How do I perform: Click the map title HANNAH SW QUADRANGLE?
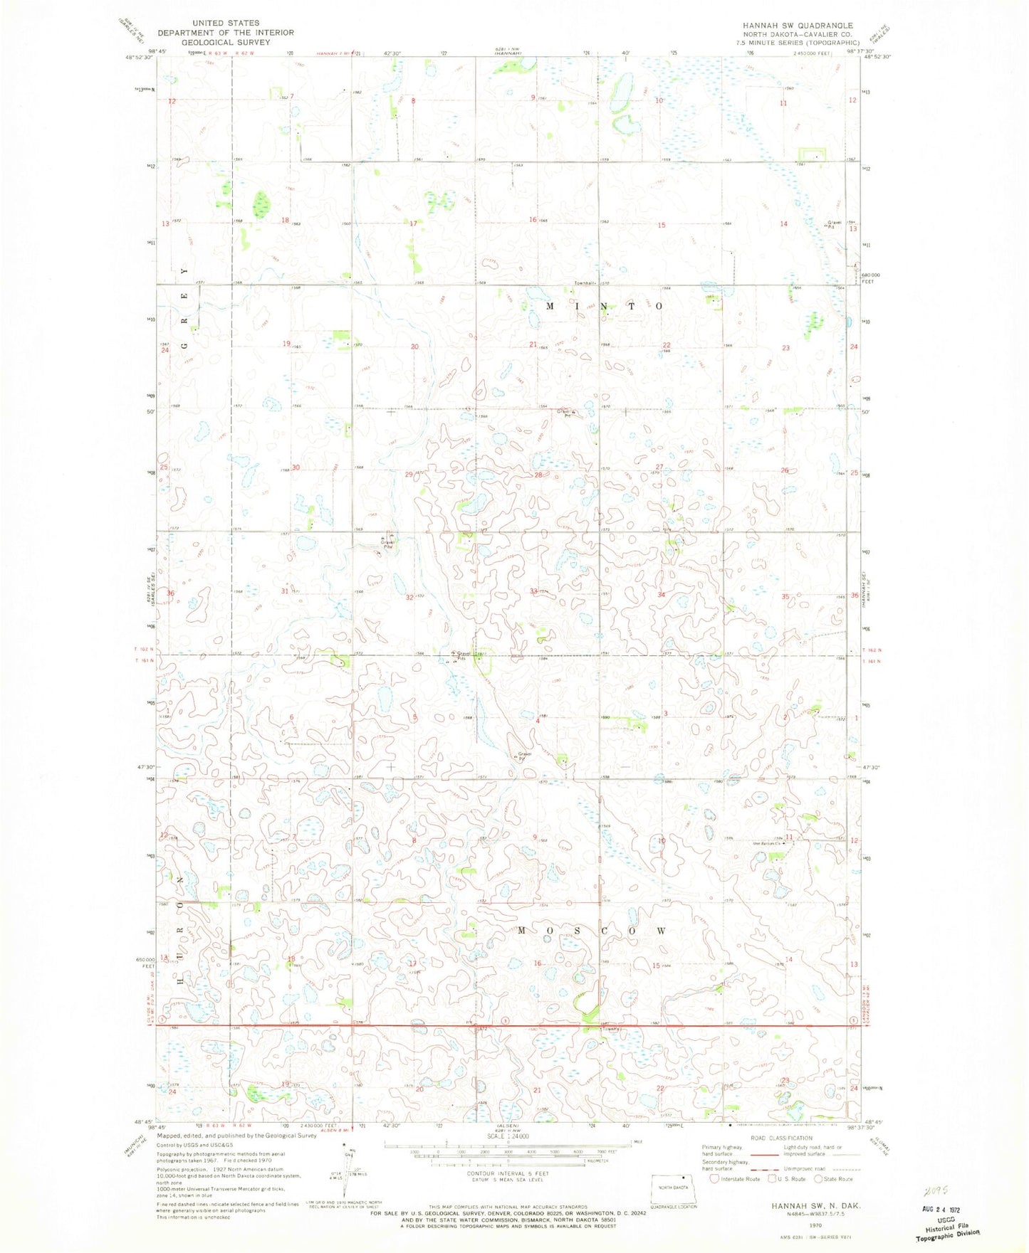click(x=798, y=26)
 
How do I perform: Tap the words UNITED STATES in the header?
click(x=226, y=23)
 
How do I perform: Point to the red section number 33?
click(x=533, y=591)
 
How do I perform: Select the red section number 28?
click(x=538, y=475)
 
